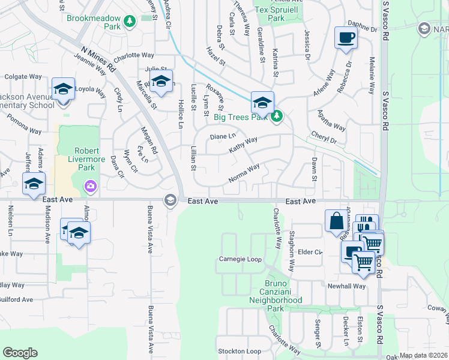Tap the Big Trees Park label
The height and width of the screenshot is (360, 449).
click(x=240, y=116)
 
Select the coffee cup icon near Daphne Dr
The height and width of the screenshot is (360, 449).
click(x=346, y=38)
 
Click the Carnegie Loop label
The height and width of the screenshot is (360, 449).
click(x=240, y=260)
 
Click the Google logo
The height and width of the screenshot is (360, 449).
click(x=20, y=353)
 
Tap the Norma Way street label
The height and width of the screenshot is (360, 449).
click(x=244, y=174)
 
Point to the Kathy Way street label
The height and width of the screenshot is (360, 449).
click(x=243, y=145)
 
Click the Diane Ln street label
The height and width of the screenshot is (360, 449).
click(x=223, y=137)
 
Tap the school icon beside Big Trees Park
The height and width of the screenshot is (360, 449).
click(x=262, y=102)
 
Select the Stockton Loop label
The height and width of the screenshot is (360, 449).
click(x=240, y=351)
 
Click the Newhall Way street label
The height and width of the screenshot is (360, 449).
click(x=346, y=286)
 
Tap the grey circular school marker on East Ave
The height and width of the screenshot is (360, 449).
click(x=170, y=200)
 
